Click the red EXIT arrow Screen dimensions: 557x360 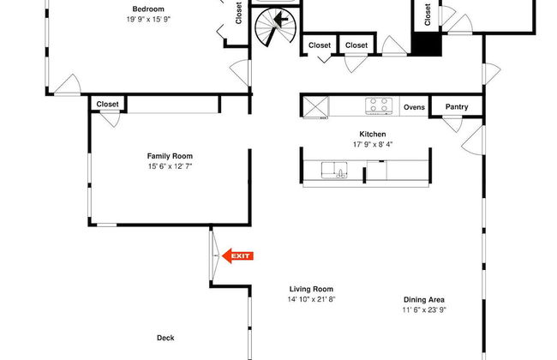[237, 255]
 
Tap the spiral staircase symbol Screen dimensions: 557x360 [276, 27]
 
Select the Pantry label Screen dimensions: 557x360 [457, 106]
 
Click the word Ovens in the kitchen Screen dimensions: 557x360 [414, 107]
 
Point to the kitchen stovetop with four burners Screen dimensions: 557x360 [379, 105]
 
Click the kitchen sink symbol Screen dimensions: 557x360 [334, 171]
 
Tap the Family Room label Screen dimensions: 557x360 [170, 156]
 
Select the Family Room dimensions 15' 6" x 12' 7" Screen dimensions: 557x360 [170, 166]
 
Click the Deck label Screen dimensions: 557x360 [165, 338]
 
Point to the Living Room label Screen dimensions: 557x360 [311, 289]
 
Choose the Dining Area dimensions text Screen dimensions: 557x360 [424, 309]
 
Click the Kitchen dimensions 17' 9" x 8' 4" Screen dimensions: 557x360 [373, 144]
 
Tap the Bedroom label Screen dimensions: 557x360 [148, 9]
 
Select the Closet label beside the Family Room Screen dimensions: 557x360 [107, 104]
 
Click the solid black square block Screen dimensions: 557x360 [426, 45]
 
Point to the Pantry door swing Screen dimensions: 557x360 [452, 124]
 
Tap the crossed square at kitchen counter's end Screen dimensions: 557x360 [315, 106]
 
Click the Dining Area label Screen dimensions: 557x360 [424, 300]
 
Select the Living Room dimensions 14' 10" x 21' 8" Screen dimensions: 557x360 [311, 299]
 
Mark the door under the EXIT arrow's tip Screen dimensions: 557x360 [214, 255]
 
